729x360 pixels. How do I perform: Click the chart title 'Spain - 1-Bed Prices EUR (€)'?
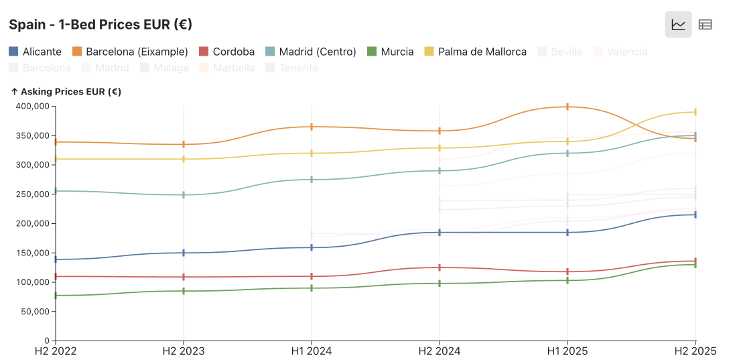101,25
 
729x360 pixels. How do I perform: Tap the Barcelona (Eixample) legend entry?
131,52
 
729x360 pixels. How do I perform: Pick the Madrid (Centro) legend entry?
311,52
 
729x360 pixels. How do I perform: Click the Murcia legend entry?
391,52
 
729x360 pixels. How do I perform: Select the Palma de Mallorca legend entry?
476,52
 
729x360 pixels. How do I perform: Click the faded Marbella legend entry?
227,68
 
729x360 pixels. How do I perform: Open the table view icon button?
705,25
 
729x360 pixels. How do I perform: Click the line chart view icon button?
678,25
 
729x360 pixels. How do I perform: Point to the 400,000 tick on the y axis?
32,106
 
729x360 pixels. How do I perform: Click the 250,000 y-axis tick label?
32,194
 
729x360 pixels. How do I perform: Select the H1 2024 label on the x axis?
312,351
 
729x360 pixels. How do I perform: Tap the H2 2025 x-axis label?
694,351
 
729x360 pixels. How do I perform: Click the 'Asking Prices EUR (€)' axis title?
66,92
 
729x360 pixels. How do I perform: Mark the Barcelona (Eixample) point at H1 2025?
568,107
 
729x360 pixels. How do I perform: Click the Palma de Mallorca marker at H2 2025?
695,112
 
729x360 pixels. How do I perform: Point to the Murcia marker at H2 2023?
184,291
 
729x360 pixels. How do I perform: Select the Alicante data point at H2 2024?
440,233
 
